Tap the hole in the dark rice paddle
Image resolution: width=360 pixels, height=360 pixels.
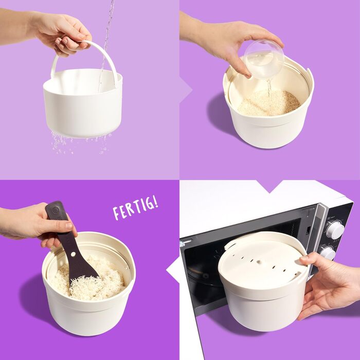point(73,254)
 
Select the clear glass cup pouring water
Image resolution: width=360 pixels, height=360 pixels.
point(264,59)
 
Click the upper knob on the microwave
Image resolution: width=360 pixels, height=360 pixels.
point(335,229)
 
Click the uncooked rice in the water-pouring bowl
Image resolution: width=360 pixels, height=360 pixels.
point(268,103)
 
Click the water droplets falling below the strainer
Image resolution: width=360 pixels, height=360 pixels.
point(78,143)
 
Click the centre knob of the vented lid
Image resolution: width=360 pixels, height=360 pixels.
point(259,262)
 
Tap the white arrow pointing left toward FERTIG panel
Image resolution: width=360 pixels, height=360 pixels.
point(173,270)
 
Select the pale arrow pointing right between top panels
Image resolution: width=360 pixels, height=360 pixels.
point(186,90)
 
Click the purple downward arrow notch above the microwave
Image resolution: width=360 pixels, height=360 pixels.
point(270,186)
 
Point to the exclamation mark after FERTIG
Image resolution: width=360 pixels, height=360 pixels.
point(156,202)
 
